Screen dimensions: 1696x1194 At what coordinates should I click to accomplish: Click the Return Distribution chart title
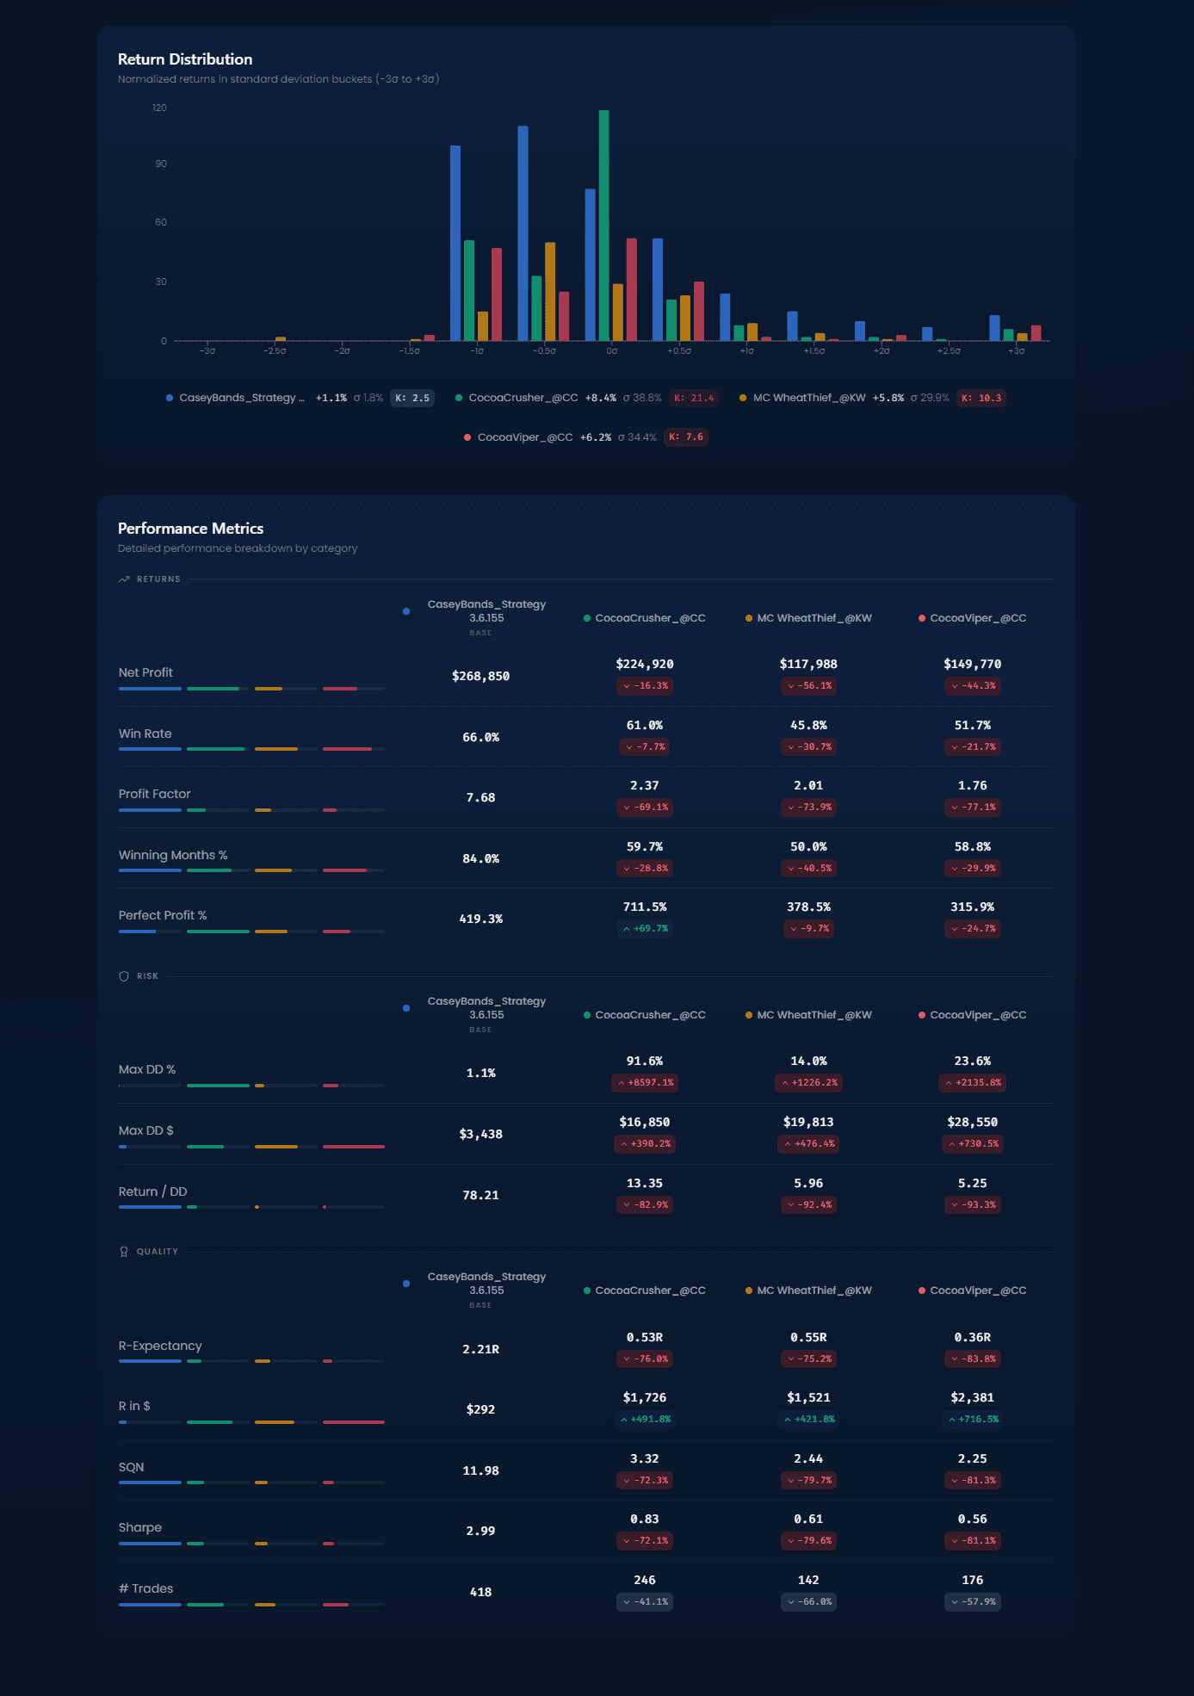pos(185,59)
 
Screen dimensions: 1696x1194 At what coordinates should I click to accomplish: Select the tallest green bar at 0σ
pos(603,224)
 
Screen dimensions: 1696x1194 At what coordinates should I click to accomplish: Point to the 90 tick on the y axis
pos(161,164)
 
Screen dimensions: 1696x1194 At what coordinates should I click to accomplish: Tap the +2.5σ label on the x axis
pos(949,351)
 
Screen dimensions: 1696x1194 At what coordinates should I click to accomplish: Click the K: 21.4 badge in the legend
pos(694,398)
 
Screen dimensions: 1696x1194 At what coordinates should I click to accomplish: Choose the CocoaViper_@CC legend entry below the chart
pos(524,437)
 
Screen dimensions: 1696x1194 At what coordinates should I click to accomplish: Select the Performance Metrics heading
pos(190,529)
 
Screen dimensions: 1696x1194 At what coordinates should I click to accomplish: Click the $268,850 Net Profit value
pos(480,677)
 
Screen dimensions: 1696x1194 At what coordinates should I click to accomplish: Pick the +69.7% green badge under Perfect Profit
pos(645,929)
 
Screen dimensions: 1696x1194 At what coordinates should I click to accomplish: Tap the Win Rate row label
pos(145,733)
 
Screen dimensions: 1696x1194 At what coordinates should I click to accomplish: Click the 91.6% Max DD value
pos(645,1062)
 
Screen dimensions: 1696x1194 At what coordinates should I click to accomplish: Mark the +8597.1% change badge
pos(645,1083)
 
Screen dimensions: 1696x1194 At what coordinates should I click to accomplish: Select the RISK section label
pos(147,976)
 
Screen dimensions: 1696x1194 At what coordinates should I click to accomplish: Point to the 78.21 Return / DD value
pos(480,1196)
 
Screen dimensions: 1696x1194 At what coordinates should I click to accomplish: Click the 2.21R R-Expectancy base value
pos(480,1350)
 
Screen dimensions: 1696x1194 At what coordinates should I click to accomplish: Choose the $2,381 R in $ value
pos(972,1398)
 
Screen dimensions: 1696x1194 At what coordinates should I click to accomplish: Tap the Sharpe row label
pos(140,1527)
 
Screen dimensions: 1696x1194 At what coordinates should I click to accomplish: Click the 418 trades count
pos(480,1593)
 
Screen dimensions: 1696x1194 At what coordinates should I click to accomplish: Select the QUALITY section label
pos(157,1252)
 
